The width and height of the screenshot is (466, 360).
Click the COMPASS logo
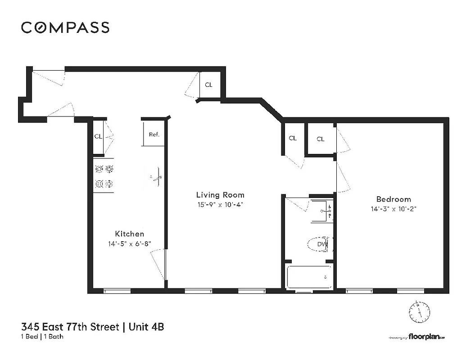pos(65,28)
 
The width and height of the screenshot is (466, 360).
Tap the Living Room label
pos(220,195)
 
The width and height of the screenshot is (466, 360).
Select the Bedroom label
pos(394,199)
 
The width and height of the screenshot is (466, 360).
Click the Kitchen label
pos(130,234)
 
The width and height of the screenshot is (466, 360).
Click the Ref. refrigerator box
pos(154,134)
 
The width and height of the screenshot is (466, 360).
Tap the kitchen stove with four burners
pos(103,176)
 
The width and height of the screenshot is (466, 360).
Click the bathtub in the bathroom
pos(310,277)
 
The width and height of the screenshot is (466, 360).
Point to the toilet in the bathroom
pos(318,244)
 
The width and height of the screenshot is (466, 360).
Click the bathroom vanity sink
pos(322,211)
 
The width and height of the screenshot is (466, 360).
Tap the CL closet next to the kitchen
pos(98,136)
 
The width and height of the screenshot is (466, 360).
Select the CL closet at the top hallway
pos(209,85)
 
